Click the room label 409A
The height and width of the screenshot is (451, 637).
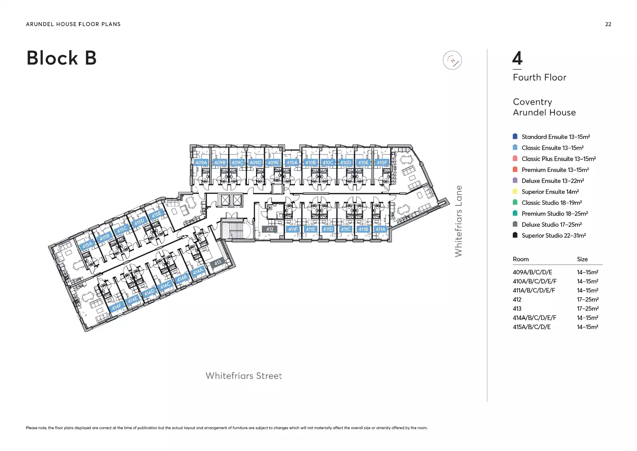click(201, 162)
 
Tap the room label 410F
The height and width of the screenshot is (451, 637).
click(382, 162)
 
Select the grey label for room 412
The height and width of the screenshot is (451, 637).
click(270, 229)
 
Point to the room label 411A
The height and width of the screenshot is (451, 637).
click(380, 229)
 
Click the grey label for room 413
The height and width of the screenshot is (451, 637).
click(218, 262)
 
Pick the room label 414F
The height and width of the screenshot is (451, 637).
click(117, 307)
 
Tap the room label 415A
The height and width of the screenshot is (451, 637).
click(87, 245)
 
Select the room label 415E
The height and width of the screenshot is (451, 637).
click(157, 214)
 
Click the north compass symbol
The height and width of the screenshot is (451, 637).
click(452, 60)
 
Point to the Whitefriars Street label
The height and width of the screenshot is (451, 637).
click(244, 376)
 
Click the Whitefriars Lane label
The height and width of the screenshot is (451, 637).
click(459, 221)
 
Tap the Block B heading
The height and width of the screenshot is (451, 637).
click(62, 58)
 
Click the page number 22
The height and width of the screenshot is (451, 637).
click(608, 24)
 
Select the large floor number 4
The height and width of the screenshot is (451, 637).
click(517, 58)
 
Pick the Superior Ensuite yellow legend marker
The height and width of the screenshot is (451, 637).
click(515, 191)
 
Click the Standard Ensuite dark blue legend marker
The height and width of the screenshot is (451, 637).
click(515, 136)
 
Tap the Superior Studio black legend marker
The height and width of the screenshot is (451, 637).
click(515, 235)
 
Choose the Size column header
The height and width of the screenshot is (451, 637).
click(582, 259)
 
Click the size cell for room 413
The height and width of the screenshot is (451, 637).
click(588, 309)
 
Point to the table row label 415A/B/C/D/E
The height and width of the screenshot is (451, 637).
click(532, 327)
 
